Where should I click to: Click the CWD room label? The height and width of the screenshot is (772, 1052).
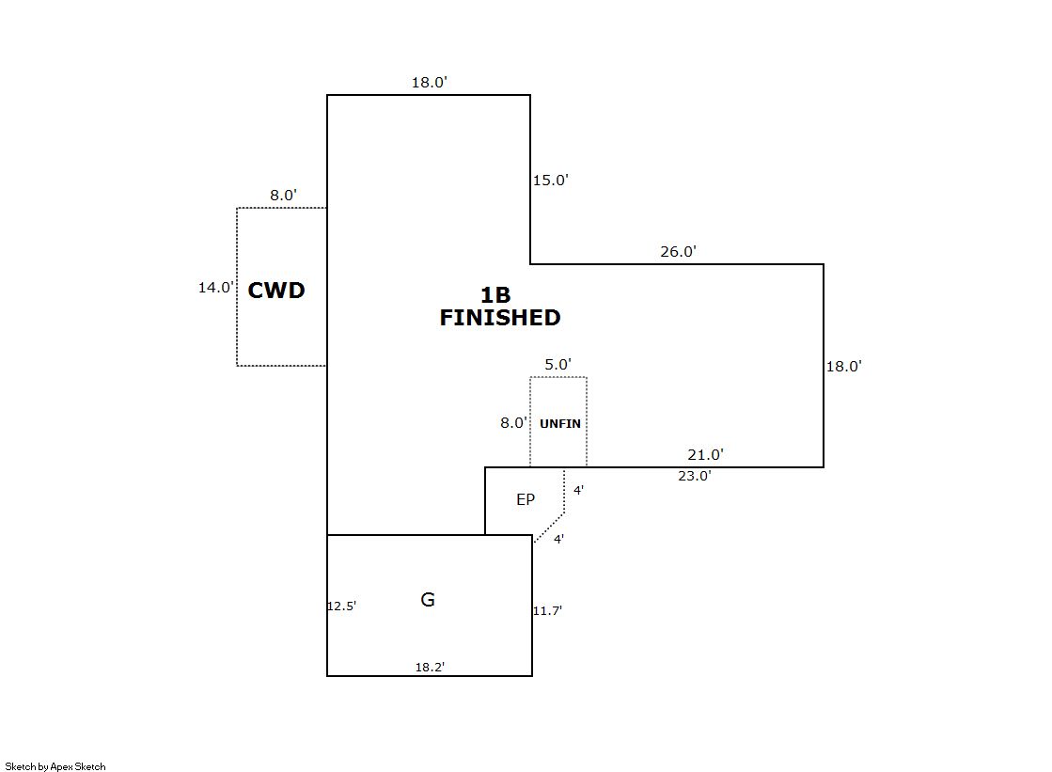pos(276,291)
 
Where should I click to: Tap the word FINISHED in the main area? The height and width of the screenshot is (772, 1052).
pos(500,318)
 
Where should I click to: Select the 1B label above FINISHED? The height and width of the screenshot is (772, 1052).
pos(495,295)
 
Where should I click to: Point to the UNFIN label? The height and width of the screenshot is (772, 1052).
pos(560,424)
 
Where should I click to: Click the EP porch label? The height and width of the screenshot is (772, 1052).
pos(526,500)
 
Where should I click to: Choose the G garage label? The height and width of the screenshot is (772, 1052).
pos(428,600)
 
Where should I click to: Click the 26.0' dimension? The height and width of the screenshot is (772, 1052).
pos(678,252)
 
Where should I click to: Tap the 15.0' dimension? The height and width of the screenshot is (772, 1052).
pos(551,181)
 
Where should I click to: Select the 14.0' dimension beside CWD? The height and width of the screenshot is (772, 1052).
pos(215,288)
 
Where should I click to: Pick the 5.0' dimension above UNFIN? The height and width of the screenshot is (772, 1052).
pos(558,365)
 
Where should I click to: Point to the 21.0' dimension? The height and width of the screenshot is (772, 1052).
pos(705,455)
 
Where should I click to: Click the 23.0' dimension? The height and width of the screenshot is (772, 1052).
pos(695,476)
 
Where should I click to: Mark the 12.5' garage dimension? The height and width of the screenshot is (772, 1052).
pos(341,607)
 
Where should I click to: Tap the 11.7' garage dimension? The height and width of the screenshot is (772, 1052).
pos(547,611)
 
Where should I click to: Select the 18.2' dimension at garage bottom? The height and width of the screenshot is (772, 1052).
pos(430,667)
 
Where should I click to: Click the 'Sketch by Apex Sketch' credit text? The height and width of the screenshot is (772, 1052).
pos(55,766)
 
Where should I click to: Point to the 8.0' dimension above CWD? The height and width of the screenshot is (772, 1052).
pos(284,196)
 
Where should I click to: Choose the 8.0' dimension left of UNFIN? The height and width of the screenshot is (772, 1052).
pos(513,423)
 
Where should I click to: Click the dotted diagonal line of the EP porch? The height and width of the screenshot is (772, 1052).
pos(549,528)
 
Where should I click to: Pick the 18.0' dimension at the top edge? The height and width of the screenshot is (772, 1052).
pos(429,83)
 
